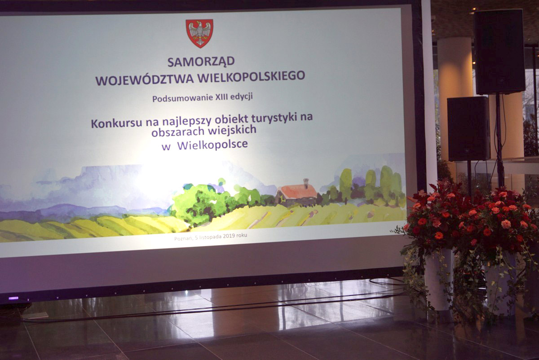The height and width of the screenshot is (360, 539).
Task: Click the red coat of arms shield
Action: point(199,33)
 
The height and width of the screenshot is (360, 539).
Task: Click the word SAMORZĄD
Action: point(201,62)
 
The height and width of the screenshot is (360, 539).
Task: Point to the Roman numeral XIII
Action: point(222,97)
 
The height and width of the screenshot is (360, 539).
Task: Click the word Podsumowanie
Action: point(183,98)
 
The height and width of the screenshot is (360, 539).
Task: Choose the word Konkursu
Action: point(116,123)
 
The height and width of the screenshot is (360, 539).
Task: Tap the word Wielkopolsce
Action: point(212,145)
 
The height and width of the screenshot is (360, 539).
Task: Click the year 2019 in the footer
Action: point(229,236)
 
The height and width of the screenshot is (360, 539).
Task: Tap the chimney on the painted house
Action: point(306,183)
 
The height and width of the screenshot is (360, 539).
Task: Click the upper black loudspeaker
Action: point(499,52)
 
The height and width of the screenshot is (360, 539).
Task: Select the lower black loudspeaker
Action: point(468,129)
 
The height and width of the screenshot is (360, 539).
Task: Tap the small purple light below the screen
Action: point(13,298)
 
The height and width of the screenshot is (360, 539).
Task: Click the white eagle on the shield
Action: point(199,32)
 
